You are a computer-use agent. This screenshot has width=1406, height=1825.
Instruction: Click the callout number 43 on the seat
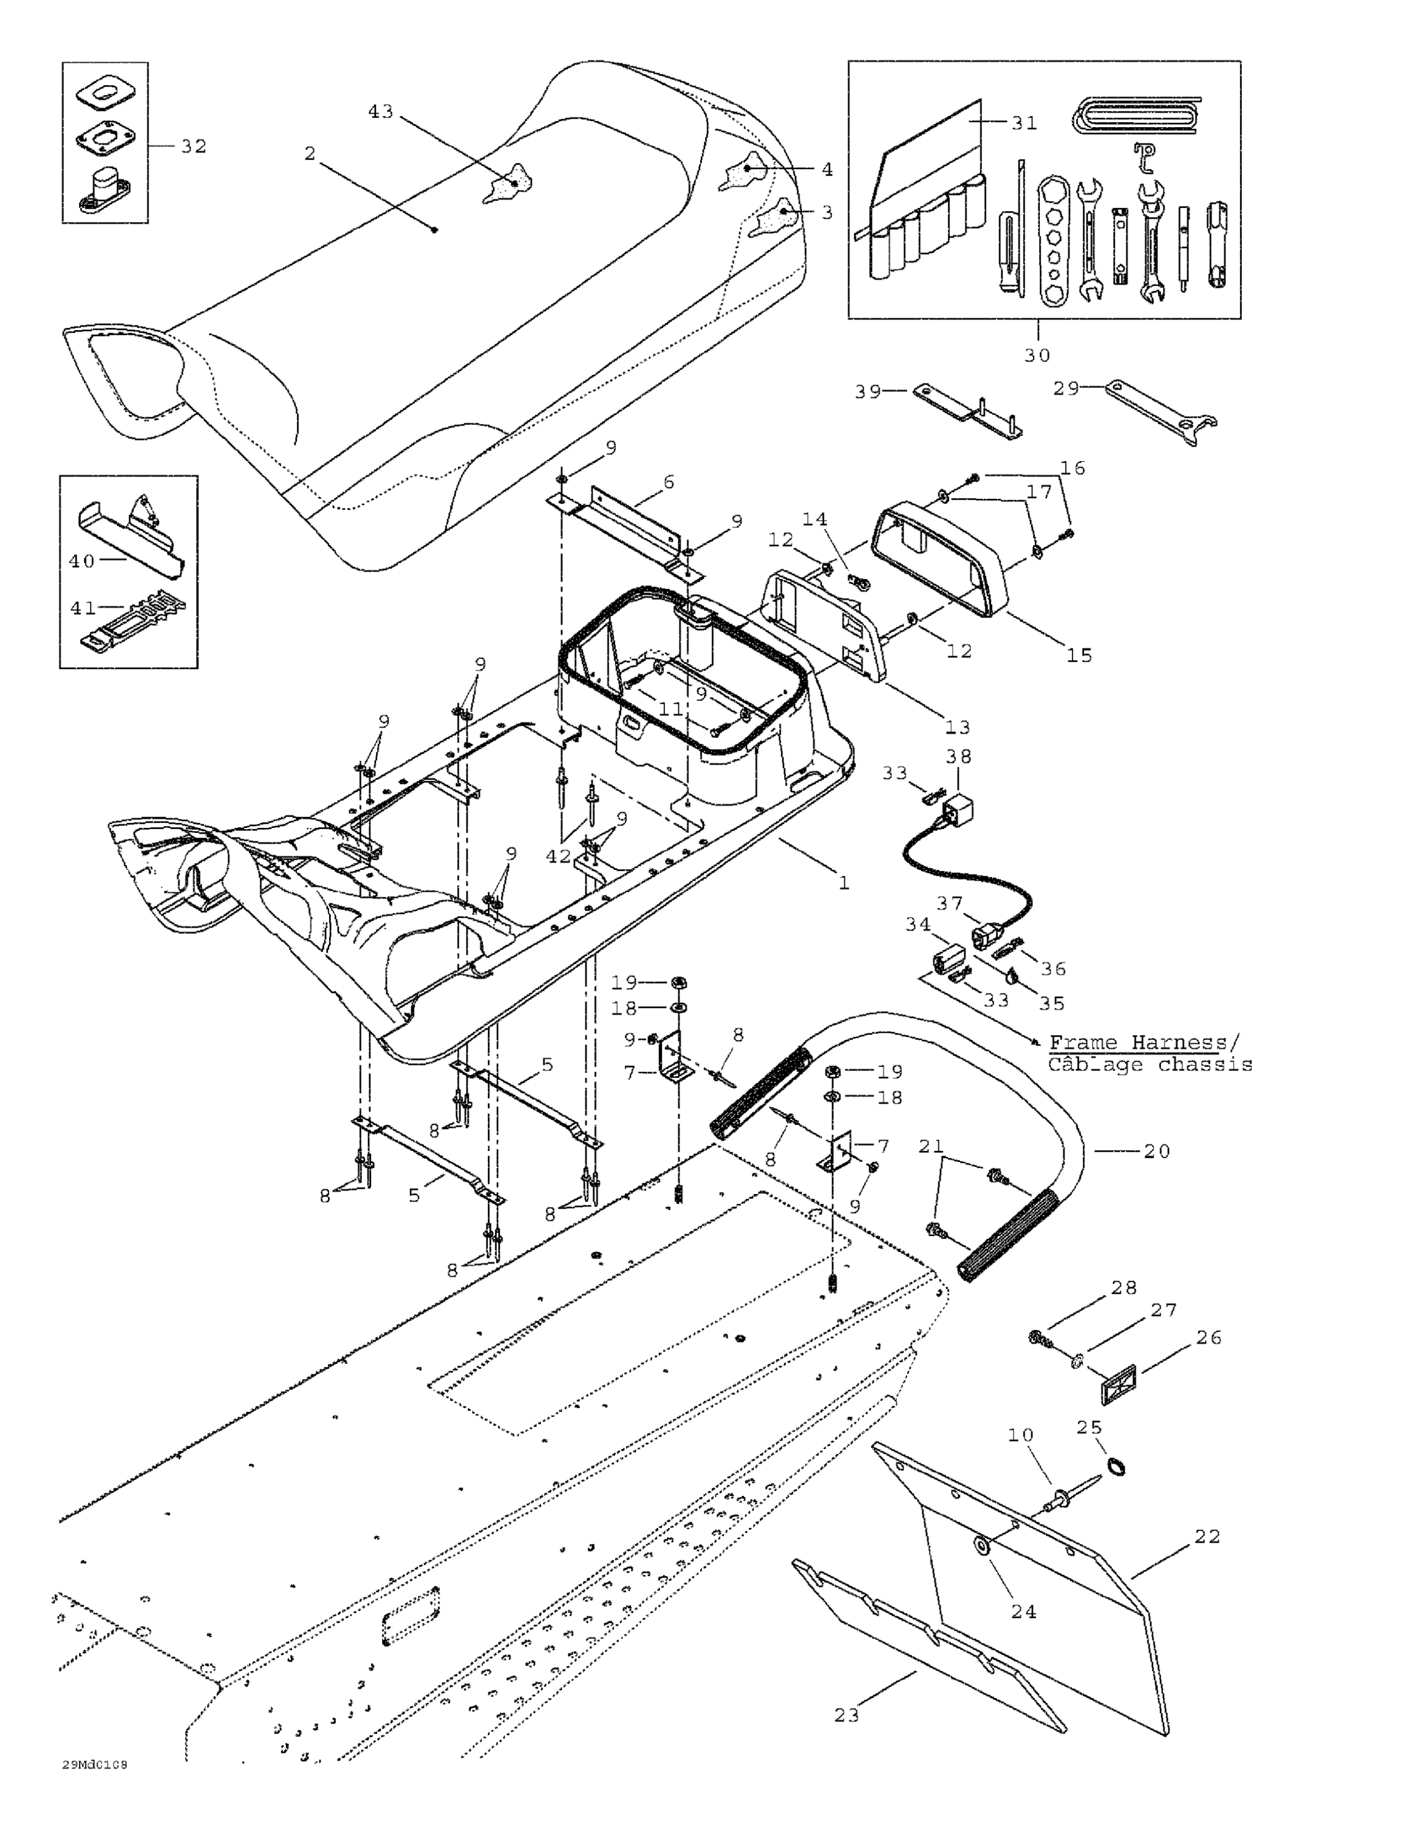[380, 111]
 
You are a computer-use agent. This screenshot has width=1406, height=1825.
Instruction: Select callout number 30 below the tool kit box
[1037, 355]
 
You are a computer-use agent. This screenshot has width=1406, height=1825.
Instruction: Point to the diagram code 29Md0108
[94, 1765]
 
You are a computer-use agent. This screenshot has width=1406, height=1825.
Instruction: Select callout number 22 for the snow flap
[1207, 1537]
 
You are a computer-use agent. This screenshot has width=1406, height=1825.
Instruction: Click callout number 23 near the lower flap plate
[846, 1715]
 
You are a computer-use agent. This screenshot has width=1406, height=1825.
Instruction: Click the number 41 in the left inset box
[83, 608]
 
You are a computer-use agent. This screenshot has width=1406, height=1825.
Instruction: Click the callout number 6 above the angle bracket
[668, 482]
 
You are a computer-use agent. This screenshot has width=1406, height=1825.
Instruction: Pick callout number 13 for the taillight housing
[957, 727]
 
